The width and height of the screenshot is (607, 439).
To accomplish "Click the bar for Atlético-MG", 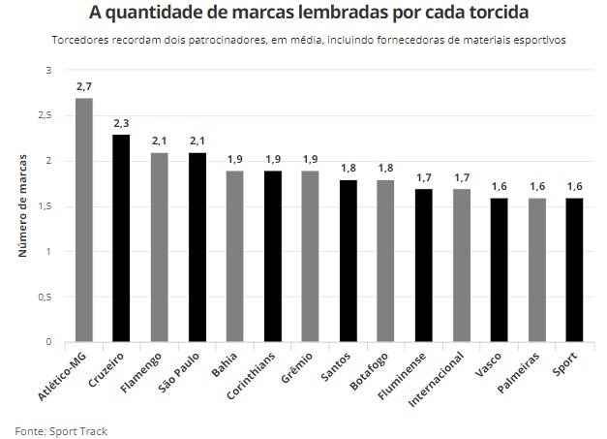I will point(83,220).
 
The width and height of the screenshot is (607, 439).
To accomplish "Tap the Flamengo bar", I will point(159,247).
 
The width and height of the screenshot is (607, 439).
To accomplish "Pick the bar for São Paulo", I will point(197,247).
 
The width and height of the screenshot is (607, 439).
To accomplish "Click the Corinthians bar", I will point(272,257).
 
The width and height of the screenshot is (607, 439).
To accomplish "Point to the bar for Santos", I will point(348,261).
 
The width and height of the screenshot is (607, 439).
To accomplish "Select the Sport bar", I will point(574,270).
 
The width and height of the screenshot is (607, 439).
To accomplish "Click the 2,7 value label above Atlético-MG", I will point(83,87).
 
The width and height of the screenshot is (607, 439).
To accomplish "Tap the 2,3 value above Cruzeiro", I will point(121,123).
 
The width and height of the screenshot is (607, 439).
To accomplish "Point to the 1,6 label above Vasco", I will point(499,187).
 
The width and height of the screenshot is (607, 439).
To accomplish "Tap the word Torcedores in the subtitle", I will point(80,41).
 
